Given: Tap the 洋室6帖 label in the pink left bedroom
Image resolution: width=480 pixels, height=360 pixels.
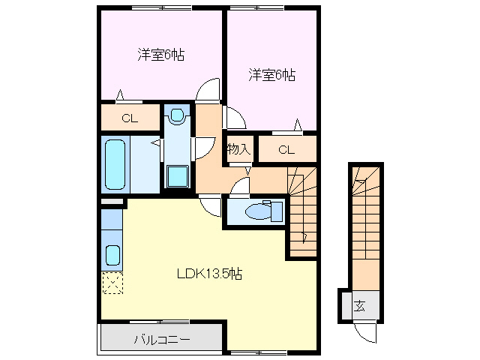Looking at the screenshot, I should coord(161,55).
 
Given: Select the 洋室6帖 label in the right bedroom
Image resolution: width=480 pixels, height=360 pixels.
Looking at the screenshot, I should coord(271,74).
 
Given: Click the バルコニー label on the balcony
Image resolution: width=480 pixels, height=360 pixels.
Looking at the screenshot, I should coord(161,340).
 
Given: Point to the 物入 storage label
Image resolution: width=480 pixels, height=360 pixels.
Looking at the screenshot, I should coord(238,148).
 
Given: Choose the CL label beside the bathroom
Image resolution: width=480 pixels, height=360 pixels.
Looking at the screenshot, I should coord(130,118).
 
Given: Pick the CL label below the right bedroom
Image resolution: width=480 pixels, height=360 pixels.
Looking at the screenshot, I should coord(286,149).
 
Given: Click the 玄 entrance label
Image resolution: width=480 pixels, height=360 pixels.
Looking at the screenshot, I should coord(360,305).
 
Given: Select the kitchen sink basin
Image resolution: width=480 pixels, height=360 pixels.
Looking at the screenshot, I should coord(112,255).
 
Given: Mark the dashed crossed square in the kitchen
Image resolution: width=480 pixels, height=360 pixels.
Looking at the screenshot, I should coord(112,283).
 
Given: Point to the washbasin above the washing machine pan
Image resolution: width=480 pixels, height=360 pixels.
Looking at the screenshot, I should coord(177,115).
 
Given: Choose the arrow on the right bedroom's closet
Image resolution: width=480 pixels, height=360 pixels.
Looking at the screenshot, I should coord(298,124).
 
